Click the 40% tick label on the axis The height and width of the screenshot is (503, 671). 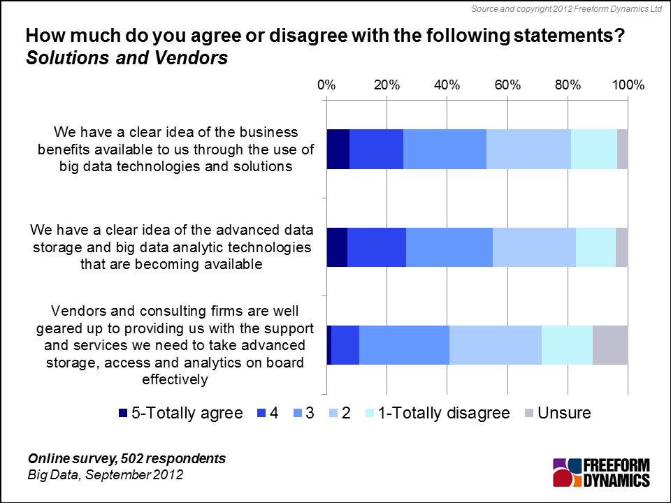point(447,85)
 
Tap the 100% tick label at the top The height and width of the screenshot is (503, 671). point(628,85)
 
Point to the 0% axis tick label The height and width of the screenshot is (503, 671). point(326,85)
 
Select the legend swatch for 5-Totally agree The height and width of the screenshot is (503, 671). point(124,414)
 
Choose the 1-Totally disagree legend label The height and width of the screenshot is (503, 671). point(443,413)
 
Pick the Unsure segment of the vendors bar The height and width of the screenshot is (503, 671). point(610,344)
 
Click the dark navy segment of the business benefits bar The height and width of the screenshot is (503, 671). point(338,149)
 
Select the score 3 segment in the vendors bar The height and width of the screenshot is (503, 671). point(404,344)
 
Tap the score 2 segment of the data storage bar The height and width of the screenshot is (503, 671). point(534,247)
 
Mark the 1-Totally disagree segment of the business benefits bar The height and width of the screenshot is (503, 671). point(594,149)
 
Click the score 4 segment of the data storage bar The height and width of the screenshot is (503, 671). point(377,247)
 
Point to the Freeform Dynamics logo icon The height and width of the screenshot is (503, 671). point(567,472)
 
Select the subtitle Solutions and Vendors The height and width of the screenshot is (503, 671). point(127,59)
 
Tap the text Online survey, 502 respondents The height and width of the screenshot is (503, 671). point(127,459)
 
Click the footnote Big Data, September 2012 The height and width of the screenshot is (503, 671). point(106,475)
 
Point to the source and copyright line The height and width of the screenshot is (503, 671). point(566,8)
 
